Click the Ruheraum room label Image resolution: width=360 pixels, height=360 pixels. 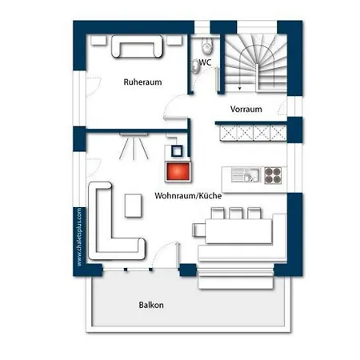click(142, 82)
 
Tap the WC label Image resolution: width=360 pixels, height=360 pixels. click(205, 62)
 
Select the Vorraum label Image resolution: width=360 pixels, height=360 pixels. click(246, 109)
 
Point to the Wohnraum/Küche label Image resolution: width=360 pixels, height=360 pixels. click(188, 195)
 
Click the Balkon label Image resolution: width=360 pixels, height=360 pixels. click(151, 305)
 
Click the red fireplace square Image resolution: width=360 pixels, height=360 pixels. click(178, 171)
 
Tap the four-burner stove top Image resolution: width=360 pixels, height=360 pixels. click(273, 175)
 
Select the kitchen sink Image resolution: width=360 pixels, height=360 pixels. click(246, 175)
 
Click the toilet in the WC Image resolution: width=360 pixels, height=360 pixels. click(207, 45)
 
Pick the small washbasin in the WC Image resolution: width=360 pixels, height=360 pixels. click(196, 66)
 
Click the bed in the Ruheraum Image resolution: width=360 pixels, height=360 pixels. click(137, 46)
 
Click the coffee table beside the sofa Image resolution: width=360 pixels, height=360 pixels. click(133, 206)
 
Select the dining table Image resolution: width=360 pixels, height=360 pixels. click(238, 231)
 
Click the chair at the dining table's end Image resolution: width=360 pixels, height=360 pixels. click(198, 230)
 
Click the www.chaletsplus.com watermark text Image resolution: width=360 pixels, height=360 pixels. click(79, 237)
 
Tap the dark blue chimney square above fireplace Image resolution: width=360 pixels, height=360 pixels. click(177, 151)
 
